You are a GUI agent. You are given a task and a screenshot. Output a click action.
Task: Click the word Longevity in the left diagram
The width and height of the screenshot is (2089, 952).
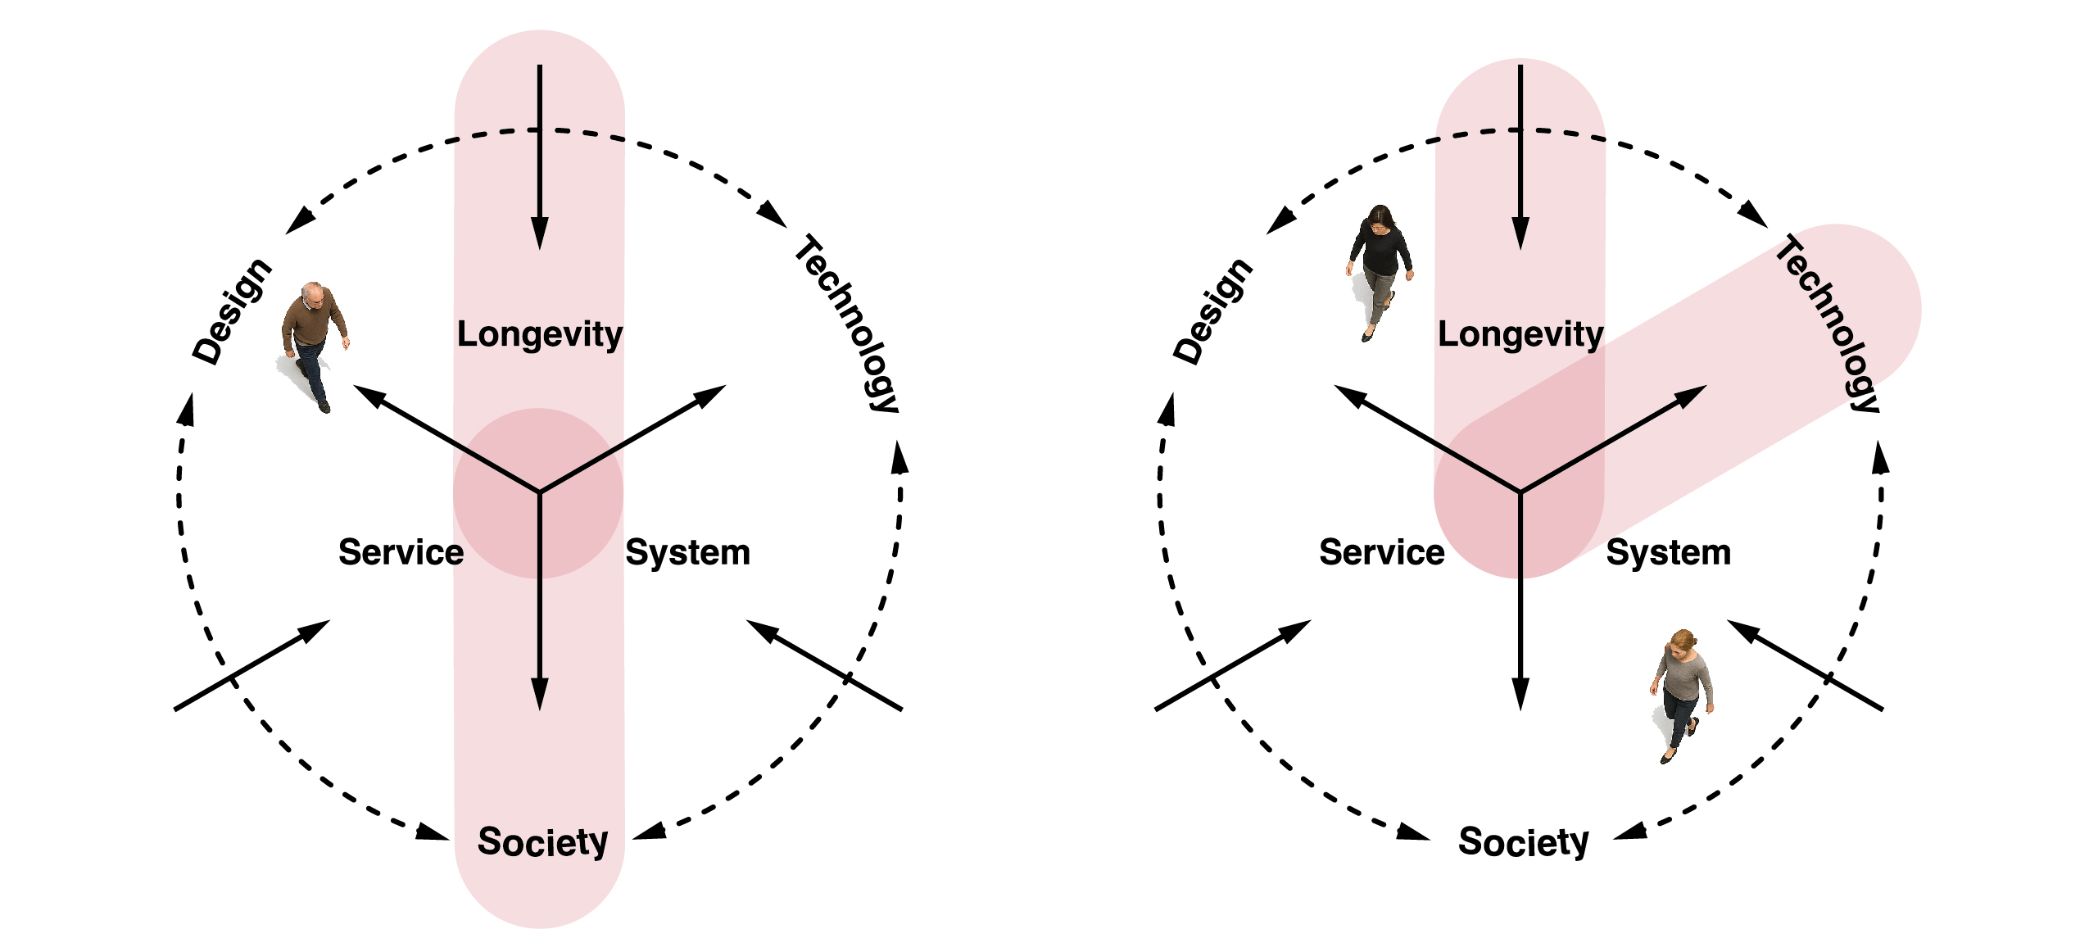click(x=540, y=335)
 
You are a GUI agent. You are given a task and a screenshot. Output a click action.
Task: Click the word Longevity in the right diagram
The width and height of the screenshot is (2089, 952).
click(x=1520, y=335)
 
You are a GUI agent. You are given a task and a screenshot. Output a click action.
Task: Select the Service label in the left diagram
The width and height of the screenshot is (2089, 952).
click(x=401, y=552)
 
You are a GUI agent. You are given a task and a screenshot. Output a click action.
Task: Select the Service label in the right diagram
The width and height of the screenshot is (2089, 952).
click(x=1382, y=552)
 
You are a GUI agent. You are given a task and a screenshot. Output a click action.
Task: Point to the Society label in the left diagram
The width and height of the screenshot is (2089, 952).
click(x=543, y=843)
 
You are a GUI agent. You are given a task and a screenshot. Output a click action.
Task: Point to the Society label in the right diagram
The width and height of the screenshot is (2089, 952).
click(x=1524, y=843)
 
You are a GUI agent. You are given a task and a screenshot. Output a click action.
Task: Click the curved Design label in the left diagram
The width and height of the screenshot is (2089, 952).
click(x=231, y=311)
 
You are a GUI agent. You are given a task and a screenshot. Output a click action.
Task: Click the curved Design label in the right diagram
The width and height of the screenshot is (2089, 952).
click(x=1212, y=311)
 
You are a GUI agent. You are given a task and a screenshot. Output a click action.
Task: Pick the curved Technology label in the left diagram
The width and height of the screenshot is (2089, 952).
click(x=848, y=324)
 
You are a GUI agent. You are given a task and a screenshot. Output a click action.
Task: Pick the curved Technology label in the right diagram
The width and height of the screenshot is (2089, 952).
click(x=1828, y=324)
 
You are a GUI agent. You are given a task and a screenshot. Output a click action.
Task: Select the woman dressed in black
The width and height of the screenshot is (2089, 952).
click(x=1380, y=273)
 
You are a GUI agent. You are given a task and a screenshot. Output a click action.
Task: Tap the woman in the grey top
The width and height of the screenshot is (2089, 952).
click(x=1681, y=696)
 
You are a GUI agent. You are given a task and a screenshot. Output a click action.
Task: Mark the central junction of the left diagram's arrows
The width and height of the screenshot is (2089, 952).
click(x=540, y=492)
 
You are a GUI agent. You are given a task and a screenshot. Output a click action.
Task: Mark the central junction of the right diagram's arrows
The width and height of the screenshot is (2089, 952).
click(x=1520, y=492)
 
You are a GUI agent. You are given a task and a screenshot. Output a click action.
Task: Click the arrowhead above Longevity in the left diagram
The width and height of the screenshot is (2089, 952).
click(x=540, y=233)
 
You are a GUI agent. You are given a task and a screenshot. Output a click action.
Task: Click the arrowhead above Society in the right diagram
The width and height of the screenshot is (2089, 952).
click(x=1520, y=695)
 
